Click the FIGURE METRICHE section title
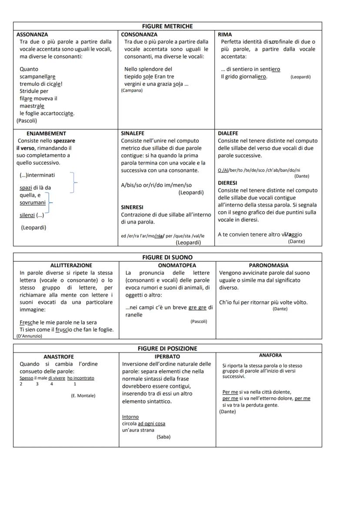coord(167,27)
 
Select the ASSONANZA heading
coord(32,34)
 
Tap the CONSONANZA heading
coord(139,34)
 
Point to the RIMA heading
coord(225,34)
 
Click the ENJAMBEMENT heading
coord(47,133)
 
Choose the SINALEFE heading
coord(133,133)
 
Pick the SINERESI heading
coord(132,207)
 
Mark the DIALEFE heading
coord(228,133)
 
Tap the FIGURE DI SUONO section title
coord(167,257)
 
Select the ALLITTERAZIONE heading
coord(71,265)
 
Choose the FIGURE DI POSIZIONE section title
coord(167,349)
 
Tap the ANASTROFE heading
coord(59,356)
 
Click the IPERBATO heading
coord(167,356)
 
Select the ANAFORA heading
coord(270,356)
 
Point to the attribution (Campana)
coord(132,91)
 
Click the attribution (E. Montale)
coord(83,396)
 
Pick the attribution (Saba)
coord(163,437)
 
